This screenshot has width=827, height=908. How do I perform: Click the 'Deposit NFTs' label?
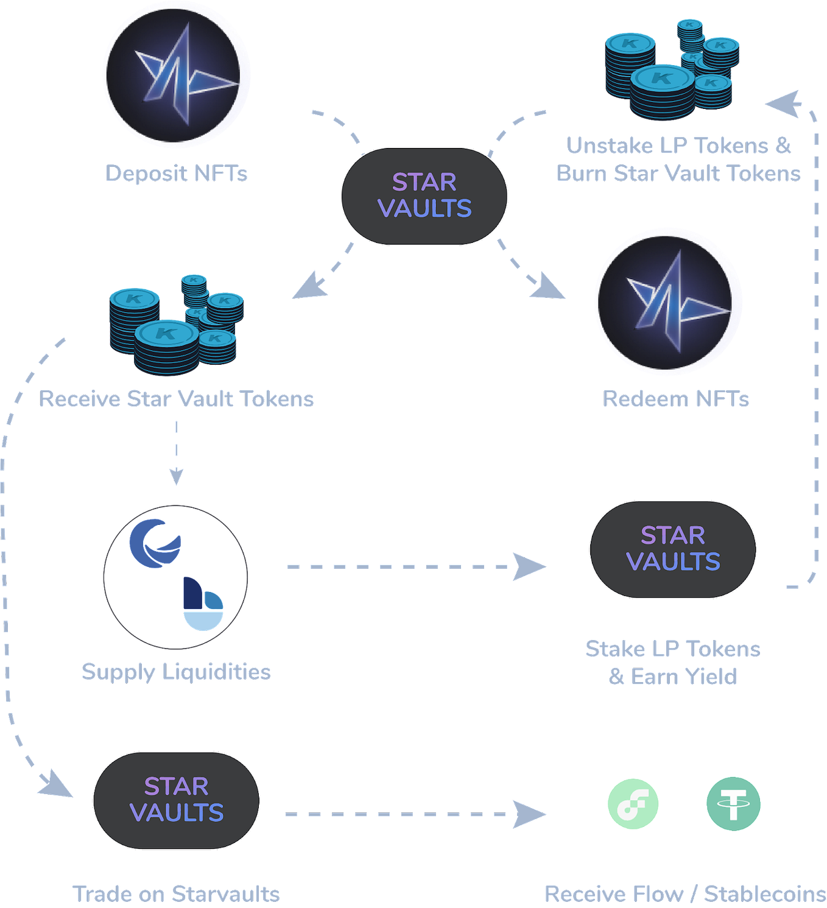pyautogui.click(x=177, y=174)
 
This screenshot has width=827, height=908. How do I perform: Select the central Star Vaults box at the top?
pyautogui.click(x=424, y=195)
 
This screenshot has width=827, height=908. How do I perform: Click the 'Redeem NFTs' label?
pyautogui.click(x=675, y=399)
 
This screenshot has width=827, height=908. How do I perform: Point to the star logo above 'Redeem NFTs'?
pyautogui.click(x=669, y=301)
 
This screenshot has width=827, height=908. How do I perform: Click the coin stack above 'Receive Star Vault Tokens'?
pyautogui.click(x=177, y=324)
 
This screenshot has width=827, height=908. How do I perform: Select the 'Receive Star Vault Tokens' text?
pyautogui.click(x=177, y=399)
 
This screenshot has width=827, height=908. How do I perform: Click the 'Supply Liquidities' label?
pyautogui.click(x=177, y=672)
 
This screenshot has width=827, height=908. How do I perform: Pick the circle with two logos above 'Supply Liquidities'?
pyautogui.click(x=175, y=576)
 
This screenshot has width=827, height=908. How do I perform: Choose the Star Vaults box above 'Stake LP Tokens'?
pyautogui.click(x=673, y=549)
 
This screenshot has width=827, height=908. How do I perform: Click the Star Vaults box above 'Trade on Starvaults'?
pyautogui.click(x=177, y=800)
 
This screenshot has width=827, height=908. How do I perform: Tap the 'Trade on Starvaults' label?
pyautogui.click(x=177, y=894)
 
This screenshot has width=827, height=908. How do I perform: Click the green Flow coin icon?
pyautogui.click(x=633, y=804)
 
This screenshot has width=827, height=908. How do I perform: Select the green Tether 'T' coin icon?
pyautogui.click(x=733, y=804)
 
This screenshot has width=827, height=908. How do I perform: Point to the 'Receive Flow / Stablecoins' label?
pyautogui.click(x=684, y=894)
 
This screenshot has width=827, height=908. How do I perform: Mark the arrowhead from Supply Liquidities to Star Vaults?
pyautogui.click(x=528, y=566)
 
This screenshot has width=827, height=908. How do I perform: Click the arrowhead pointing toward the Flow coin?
pyautogui.click(x=528, y=814)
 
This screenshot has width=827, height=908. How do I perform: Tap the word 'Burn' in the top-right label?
pyautogui.click(x=581, y=174)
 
